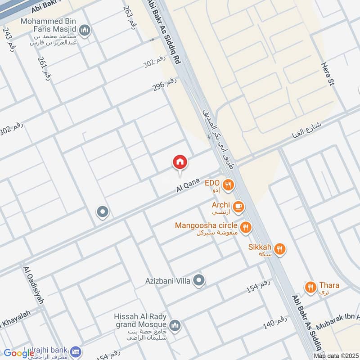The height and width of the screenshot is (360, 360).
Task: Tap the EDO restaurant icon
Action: tap(229, 184)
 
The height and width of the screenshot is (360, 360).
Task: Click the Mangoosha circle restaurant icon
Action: tap(246, 227)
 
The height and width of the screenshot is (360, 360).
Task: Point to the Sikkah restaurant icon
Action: tap(280, 247)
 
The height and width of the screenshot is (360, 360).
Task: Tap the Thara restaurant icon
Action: tap(310, 286)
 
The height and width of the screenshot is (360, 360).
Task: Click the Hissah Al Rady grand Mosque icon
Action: tap(175, 325)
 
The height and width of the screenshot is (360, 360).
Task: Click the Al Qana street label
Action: tap(188, 184)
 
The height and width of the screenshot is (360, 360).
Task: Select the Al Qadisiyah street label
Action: tap(34, 285)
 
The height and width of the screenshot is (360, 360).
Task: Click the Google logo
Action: tap(19, 353)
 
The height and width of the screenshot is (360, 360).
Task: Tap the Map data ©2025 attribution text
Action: tap(336, 356)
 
